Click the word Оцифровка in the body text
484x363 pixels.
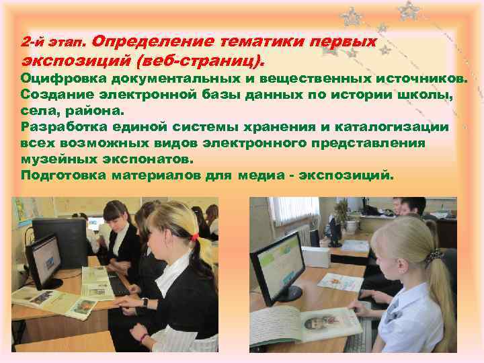point(53,79)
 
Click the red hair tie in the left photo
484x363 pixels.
point(194,236)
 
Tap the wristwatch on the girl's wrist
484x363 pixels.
point(145,302)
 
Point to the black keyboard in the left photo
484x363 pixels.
point(119,285)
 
